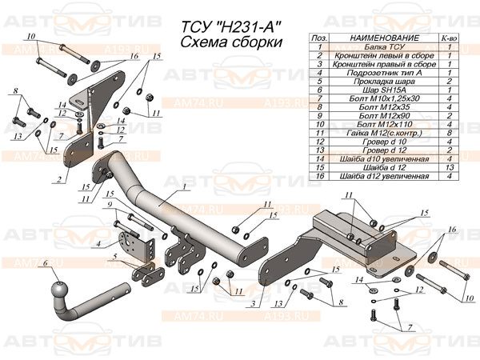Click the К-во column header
point(449,38)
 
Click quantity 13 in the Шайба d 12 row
point(449,168)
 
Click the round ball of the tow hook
point(61,290)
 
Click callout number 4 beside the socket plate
point(98,243)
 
